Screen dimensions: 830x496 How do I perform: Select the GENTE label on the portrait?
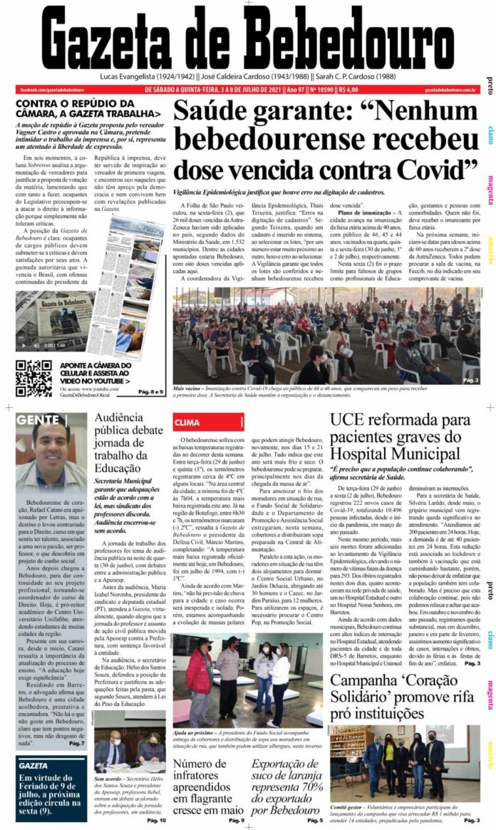[x=38, y=420]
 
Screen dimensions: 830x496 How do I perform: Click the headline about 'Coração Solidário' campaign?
[x=403, y=697]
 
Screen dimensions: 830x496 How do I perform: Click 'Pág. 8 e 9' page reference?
[x=152, y=391]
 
